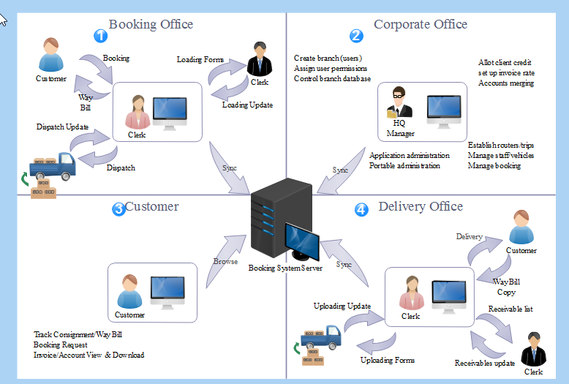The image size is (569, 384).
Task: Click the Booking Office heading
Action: tap(151, 24)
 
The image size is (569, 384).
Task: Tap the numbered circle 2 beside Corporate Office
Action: tap(356, 35)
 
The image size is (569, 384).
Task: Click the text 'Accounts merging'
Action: tap(505, 83)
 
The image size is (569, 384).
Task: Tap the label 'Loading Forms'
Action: tap(200, 59)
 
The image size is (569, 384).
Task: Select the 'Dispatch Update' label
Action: tap(62, 127)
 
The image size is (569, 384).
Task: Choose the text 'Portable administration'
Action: tap(404, 165)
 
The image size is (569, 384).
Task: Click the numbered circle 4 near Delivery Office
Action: tap(361, 209)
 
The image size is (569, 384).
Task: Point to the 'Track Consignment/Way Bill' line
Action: tap(78, 334)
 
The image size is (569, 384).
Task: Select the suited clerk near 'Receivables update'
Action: tap(533, 350)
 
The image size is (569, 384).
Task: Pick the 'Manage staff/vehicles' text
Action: tap(501, 155)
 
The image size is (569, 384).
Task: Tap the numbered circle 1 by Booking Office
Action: tap(101, 35)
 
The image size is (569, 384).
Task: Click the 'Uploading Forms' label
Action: tap(388, 360)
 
